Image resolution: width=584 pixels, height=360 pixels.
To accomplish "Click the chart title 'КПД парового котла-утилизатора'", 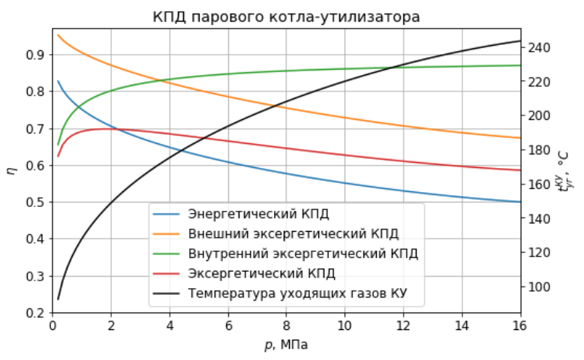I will (286, 16).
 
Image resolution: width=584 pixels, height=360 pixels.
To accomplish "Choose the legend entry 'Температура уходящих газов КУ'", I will (297, 292).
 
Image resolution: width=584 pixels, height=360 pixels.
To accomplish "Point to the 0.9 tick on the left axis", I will (37, 55).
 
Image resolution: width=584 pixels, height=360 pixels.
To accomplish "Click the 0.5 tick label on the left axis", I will (37, 202).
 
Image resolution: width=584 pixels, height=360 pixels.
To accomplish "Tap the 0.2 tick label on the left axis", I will (37, 313).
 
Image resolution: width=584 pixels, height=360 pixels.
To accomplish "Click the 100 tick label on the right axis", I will (540, 286).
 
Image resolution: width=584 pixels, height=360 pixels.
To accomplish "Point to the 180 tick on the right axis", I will (540, 150).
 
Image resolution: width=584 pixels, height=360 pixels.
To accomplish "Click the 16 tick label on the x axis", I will (519, 327).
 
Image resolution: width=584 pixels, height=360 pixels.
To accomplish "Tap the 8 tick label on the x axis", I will (286, 327).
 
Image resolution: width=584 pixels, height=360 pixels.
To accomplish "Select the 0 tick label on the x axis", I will (53, 327).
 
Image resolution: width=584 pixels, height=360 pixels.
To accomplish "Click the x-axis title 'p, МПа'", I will (286, 345).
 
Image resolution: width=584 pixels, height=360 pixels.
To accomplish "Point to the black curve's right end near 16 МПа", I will (519, 40).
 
